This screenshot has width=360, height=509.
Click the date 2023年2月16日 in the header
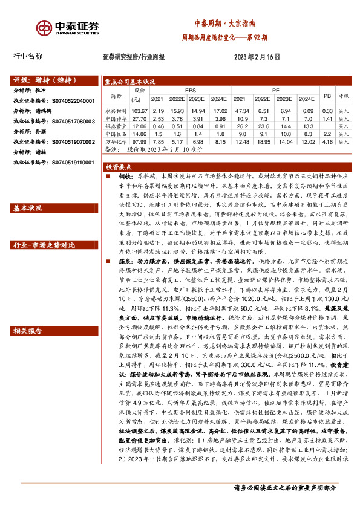click(x=256, y=57)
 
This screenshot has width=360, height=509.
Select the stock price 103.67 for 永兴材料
click(x=139, y=111)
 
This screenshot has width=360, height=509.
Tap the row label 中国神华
click(x=114, y=119)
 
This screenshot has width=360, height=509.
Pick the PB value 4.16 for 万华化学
click(x=328, y=141)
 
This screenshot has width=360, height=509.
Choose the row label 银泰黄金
click(x=114, y=126)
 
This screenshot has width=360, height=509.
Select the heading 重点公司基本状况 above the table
click(x=130, y=82)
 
